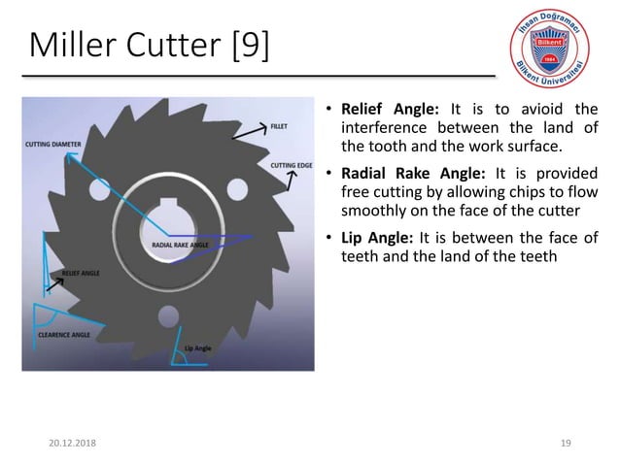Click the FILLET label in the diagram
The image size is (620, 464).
278,126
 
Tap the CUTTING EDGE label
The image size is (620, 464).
290,165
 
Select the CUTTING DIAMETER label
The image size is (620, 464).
53,145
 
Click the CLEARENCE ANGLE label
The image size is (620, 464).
64,334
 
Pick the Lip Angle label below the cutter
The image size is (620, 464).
197,347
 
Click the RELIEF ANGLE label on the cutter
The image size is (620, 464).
80,275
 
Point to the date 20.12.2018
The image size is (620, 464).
54,444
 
